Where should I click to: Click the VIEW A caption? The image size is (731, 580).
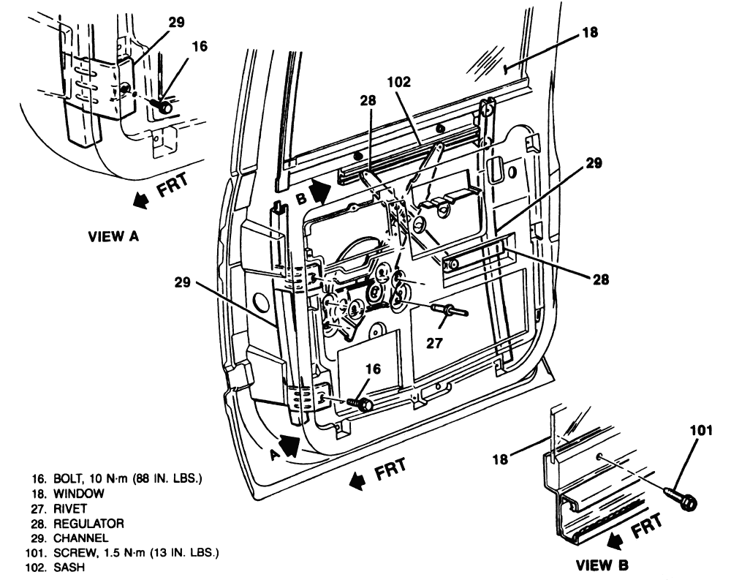coord(113,236)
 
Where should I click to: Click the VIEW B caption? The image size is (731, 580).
coord(602,565)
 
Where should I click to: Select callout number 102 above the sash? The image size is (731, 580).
coord(399,82)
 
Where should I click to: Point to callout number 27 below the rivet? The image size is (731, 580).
coord(433,343)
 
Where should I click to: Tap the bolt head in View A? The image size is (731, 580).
coord(164,108)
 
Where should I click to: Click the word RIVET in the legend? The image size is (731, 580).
coord(70,508)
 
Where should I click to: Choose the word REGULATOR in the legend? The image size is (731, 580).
coord(89,523)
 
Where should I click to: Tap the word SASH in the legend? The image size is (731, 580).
coord(69,568)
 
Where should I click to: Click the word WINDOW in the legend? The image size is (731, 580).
coord(79,493)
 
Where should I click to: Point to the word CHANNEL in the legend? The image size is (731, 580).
coord(81,538)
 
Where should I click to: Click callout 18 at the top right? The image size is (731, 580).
coord(590,32)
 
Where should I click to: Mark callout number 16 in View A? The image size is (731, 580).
coord(199,46)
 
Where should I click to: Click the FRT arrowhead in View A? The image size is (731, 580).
coord(140,200)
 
